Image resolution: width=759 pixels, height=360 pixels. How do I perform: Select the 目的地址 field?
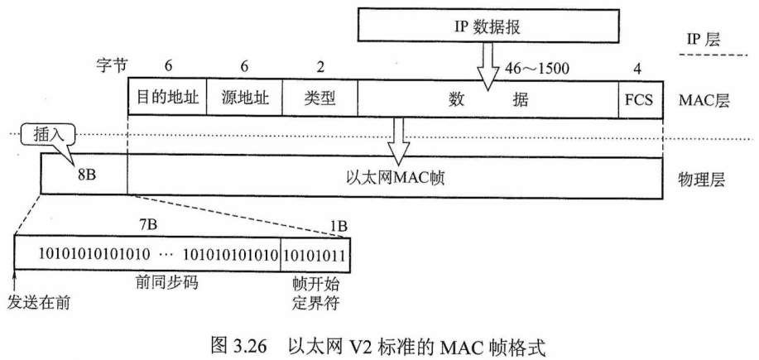[166, 98]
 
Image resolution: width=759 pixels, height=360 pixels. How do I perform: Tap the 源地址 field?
[243, 98]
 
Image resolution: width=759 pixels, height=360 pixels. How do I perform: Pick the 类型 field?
[319, 98]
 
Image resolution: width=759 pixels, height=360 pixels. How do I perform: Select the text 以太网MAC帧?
[394, 176]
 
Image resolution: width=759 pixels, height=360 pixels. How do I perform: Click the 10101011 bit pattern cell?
[315, 251]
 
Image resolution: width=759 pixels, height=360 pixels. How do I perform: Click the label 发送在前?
[37, 300]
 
